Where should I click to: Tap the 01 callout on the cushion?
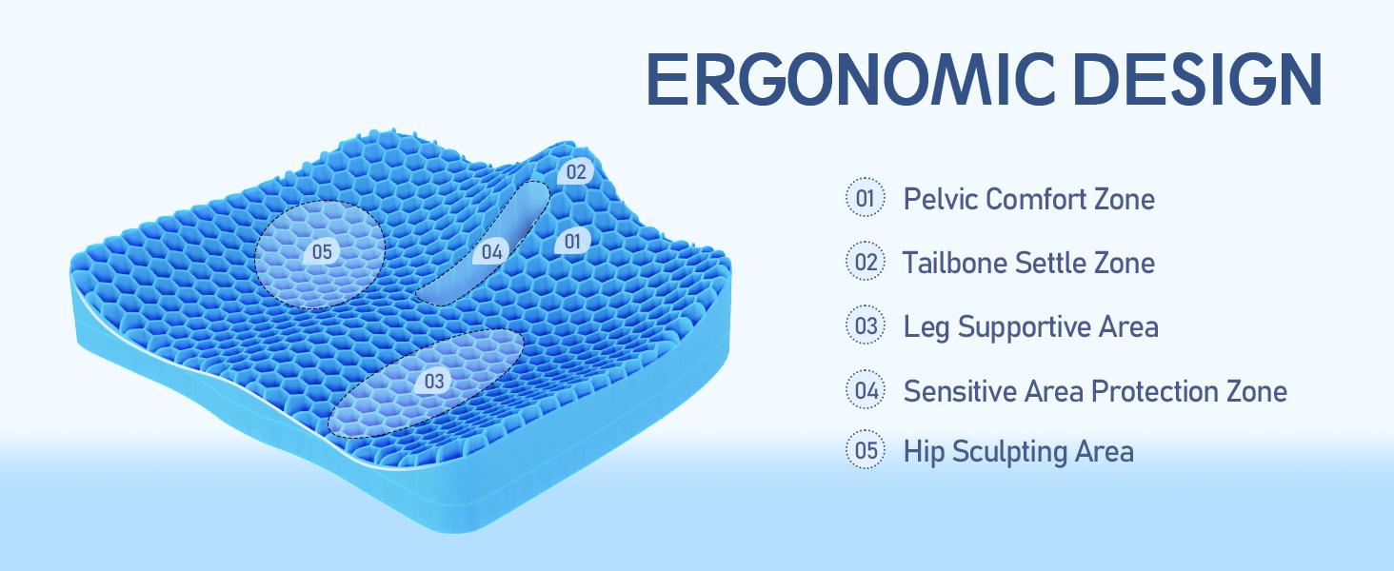571,242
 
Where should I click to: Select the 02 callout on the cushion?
575,172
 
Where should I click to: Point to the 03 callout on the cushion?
434,382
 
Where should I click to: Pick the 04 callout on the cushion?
491,252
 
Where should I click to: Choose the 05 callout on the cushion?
321,251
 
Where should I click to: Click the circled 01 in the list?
866,198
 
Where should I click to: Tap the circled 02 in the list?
866,262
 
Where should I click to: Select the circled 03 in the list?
866,326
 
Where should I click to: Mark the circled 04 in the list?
866,390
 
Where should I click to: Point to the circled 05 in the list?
866,450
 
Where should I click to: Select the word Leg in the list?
926,328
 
